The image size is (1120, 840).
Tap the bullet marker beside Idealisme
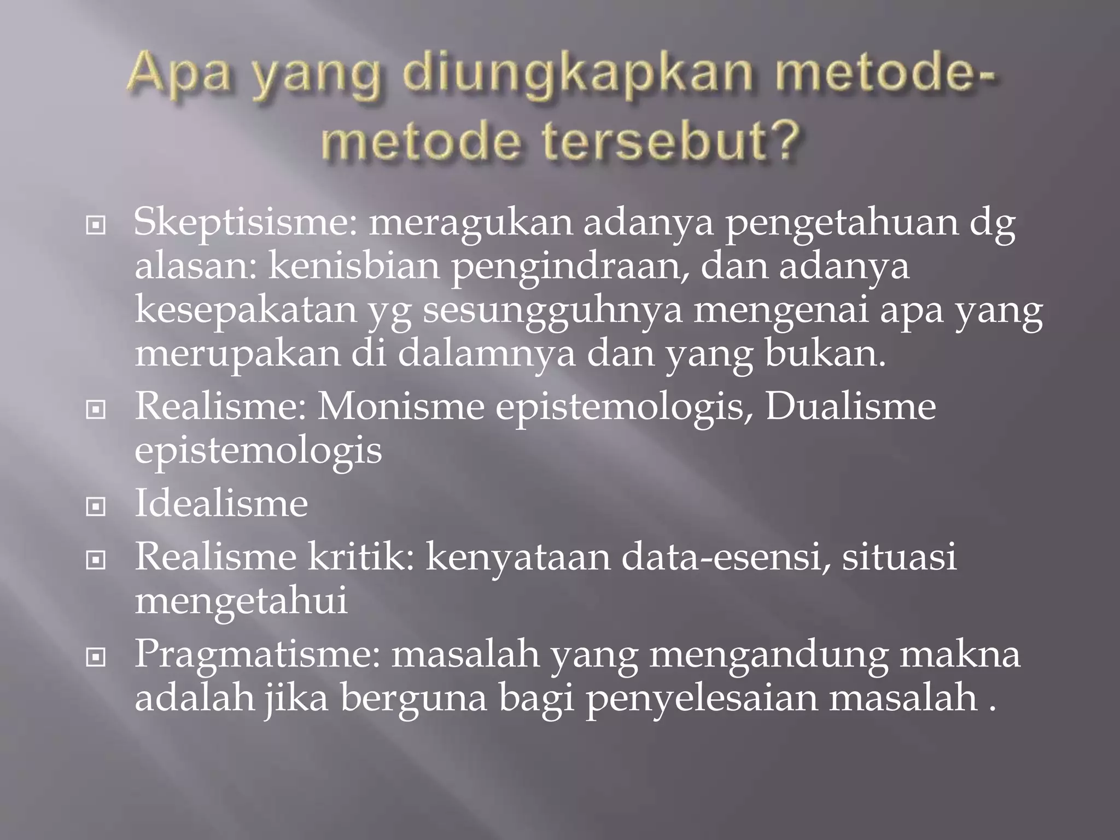(96, 507)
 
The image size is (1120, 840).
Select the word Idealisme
(221, 504)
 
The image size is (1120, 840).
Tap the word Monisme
(401, 407)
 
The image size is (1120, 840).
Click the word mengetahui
(241, 602)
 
